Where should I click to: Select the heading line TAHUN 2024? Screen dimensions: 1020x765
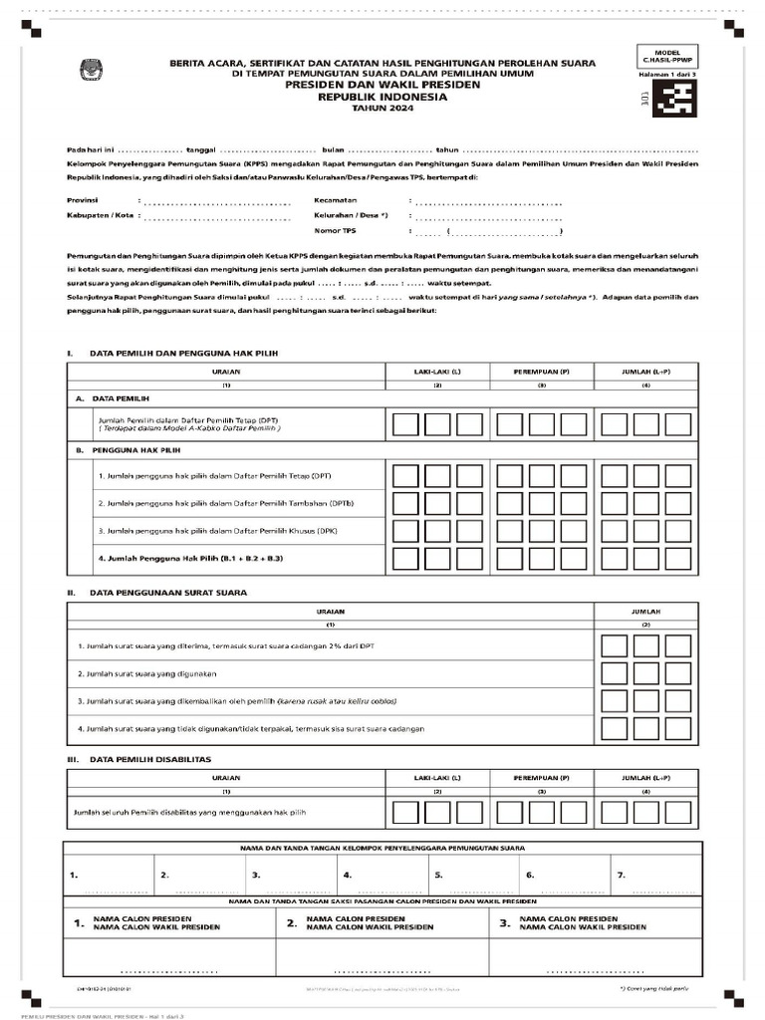(x=382, y=108)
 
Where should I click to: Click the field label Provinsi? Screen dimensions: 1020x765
(x=84, y=200)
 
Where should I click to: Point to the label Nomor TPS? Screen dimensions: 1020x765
(x=335, y=230)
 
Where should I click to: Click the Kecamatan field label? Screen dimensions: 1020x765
(x=336, y=200)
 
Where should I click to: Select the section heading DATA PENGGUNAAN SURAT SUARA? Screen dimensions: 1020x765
(x=168, y=592)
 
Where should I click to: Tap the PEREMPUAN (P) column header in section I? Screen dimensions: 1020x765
(x=541, y=372)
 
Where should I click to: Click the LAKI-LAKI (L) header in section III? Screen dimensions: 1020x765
(x=437, y=777)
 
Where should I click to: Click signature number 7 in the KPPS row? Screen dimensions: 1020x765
(x=622, y=875)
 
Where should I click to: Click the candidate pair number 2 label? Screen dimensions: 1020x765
(x=292, y=923)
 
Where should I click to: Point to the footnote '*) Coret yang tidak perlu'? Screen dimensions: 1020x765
(x=652, y=989)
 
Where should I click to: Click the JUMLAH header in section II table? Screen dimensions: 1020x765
(x=646, y=611)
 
